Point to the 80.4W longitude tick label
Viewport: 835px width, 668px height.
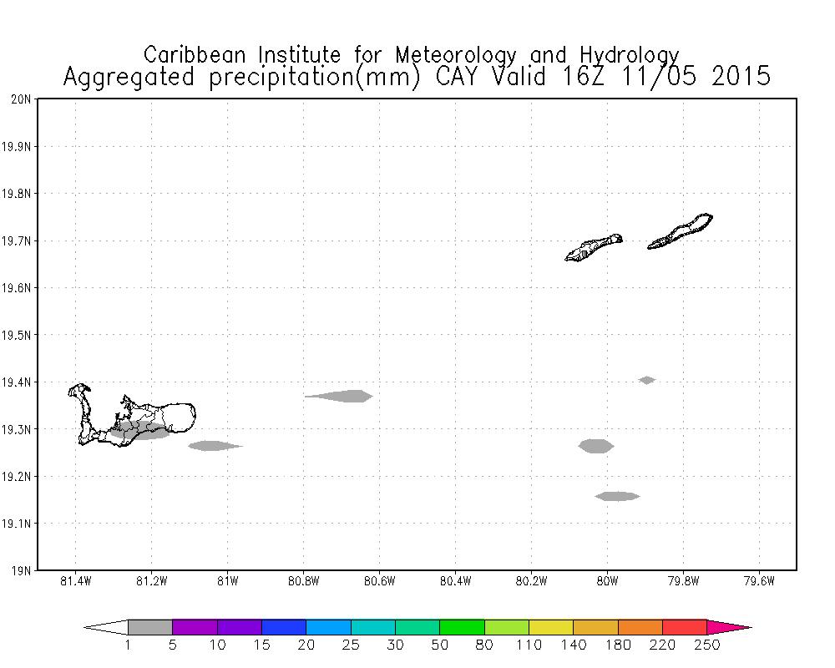455,582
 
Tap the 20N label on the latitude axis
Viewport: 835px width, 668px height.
22,99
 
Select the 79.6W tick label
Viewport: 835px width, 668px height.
758,582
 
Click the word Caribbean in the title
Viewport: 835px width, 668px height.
197,55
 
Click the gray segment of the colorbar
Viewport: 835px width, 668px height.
150,627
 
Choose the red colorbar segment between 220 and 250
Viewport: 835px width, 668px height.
685,627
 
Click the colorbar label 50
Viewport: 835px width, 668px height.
440,645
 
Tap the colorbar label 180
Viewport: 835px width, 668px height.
618,645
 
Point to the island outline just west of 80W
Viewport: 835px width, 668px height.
593,247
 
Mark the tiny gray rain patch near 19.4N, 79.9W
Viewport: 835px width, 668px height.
646,380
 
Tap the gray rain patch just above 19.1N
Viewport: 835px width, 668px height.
618,496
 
